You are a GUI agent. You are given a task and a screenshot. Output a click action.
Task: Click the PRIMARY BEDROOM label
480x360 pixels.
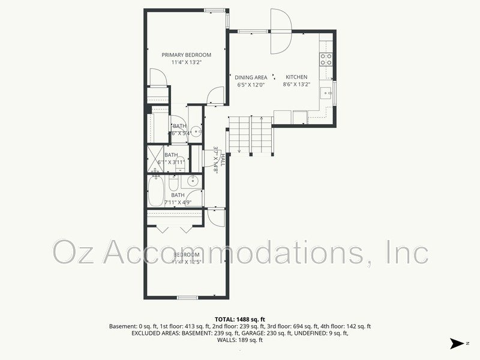(x=186, y=55)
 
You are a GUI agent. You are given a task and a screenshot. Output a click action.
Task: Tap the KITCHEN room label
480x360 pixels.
(x=296, y=77)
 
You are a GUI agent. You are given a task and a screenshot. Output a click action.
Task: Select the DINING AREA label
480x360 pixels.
(x=251, y=77)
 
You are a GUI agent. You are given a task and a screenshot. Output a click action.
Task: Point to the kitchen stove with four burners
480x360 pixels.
(x=326, y=59)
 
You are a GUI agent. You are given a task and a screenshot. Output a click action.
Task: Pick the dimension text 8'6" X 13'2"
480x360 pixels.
(x=296, y=85)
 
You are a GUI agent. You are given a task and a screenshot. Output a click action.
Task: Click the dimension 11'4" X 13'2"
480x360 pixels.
(x=186, y=62)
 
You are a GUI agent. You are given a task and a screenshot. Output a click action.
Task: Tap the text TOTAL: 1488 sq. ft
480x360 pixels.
(x=239, y=319)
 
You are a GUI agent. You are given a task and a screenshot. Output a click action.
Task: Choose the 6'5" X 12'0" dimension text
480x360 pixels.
(x=251, y=85)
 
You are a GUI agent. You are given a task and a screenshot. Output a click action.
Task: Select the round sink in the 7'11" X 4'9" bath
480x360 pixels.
(x=193, y=180)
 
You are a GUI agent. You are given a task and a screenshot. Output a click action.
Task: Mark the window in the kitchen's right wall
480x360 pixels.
(x=335, y=92)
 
